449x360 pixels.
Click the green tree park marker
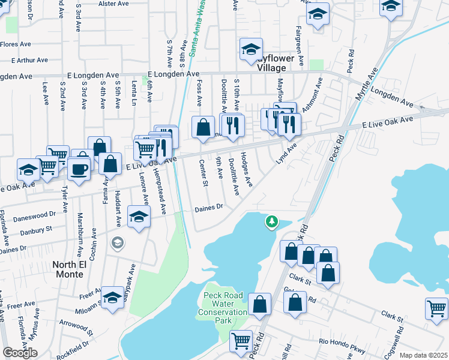point(272,222)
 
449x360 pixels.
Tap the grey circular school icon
point(117,242)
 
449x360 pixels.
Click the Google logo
point(20,353)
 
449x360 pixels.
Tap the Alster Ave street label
point(115,4)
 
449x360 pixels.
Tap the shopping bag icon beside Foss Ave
point(203,127)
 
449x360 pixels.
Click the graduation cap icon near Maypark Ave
point(112,297)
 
